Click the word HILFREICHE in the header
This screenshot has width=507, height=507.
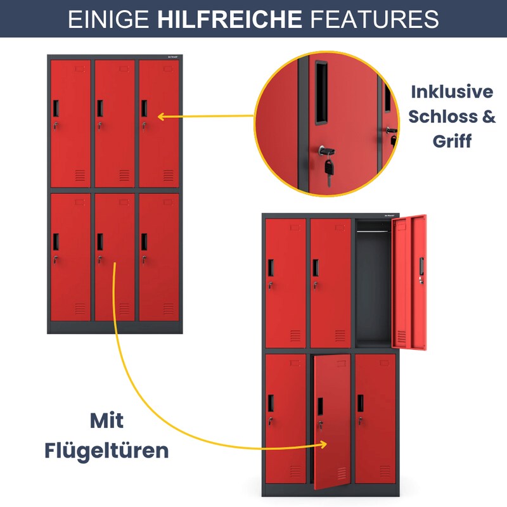(x=229, y=19)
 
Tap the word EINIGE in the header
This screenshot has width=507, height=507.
(x=108, y=19)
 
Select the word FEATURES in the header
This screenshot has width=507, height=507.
(x=374, y=19)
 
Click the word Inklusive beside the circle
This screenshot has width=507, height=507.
(x=452, y=92)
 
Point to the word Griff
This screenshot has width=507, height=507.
(x=452, y=141)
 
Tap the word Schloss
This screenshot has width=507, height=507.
(x=442, y=117)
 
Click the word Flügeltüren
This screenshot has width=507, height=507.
(x=106, y=451)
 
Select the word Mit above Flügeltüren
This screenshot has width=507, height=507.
(x=106, y=420)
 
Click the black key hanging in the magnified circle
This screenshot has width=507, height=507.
(x=329, y=171)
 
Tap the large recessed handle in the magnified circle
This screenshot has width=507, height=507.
(x=321, y=93)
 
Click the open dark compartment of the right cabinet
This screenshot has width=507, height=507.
(x=373, y=284)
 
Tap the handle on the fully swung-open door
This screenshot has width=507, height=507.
(x=421, y=266)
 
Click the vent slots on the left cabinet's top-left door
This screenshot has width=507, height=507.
(x=80, y=176)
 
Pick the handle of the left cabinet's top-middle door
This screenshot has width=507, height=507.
(x=100, y=108)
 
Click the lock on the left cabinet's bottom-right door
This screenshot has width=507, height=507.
(x=144, y=259)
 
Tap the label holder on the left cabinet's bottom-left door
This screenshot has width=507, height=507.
(x=80, y=202)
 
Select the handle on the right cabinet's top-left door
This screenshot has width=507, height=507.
(x=271, y=267)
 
